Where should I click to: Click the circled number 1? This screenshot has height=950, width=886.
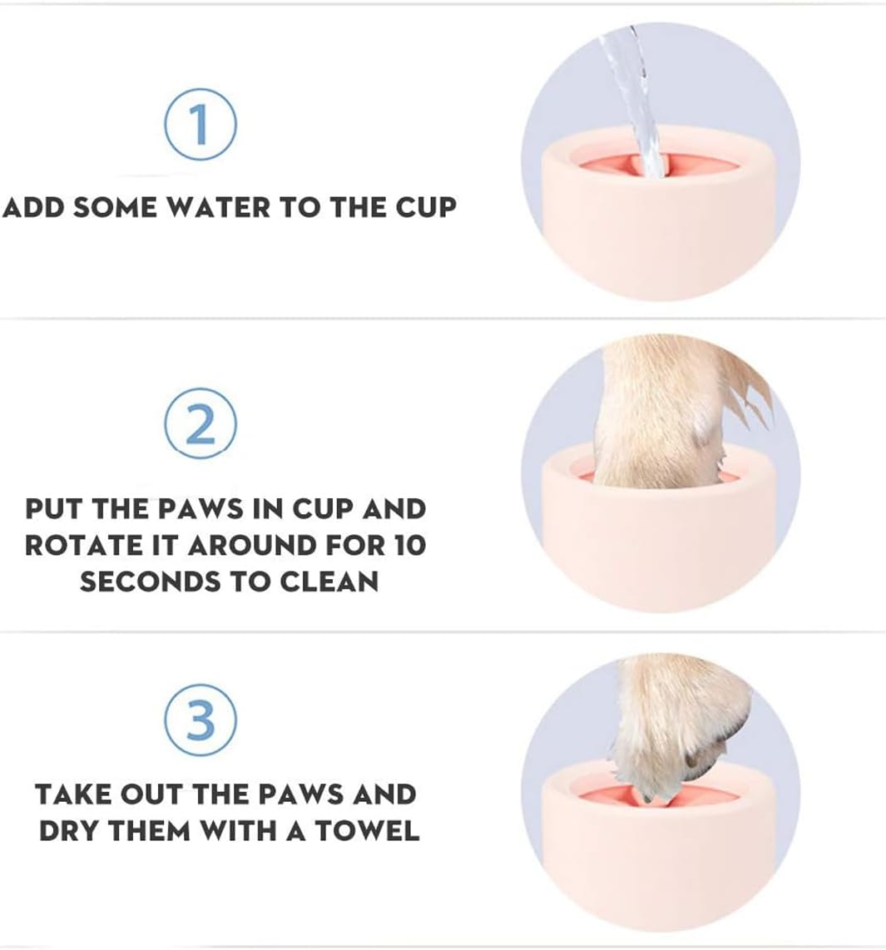(x=200, y=125)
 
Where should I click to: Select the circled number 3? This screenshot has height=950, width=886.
(x=200, y=720)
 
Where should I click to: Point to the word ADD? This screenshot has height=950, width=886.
(x=34, y=207)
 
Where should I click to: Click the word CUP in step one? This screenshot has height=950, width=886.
(x=426, y=207)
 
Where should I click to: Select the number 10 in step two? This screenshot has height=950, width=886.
(x=409, y=545)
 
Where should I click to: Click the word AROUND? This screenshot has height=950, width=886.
(x=249, y=545)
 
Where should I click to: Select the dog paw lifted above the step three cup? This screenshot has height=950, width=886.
(x=674, y=715)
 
